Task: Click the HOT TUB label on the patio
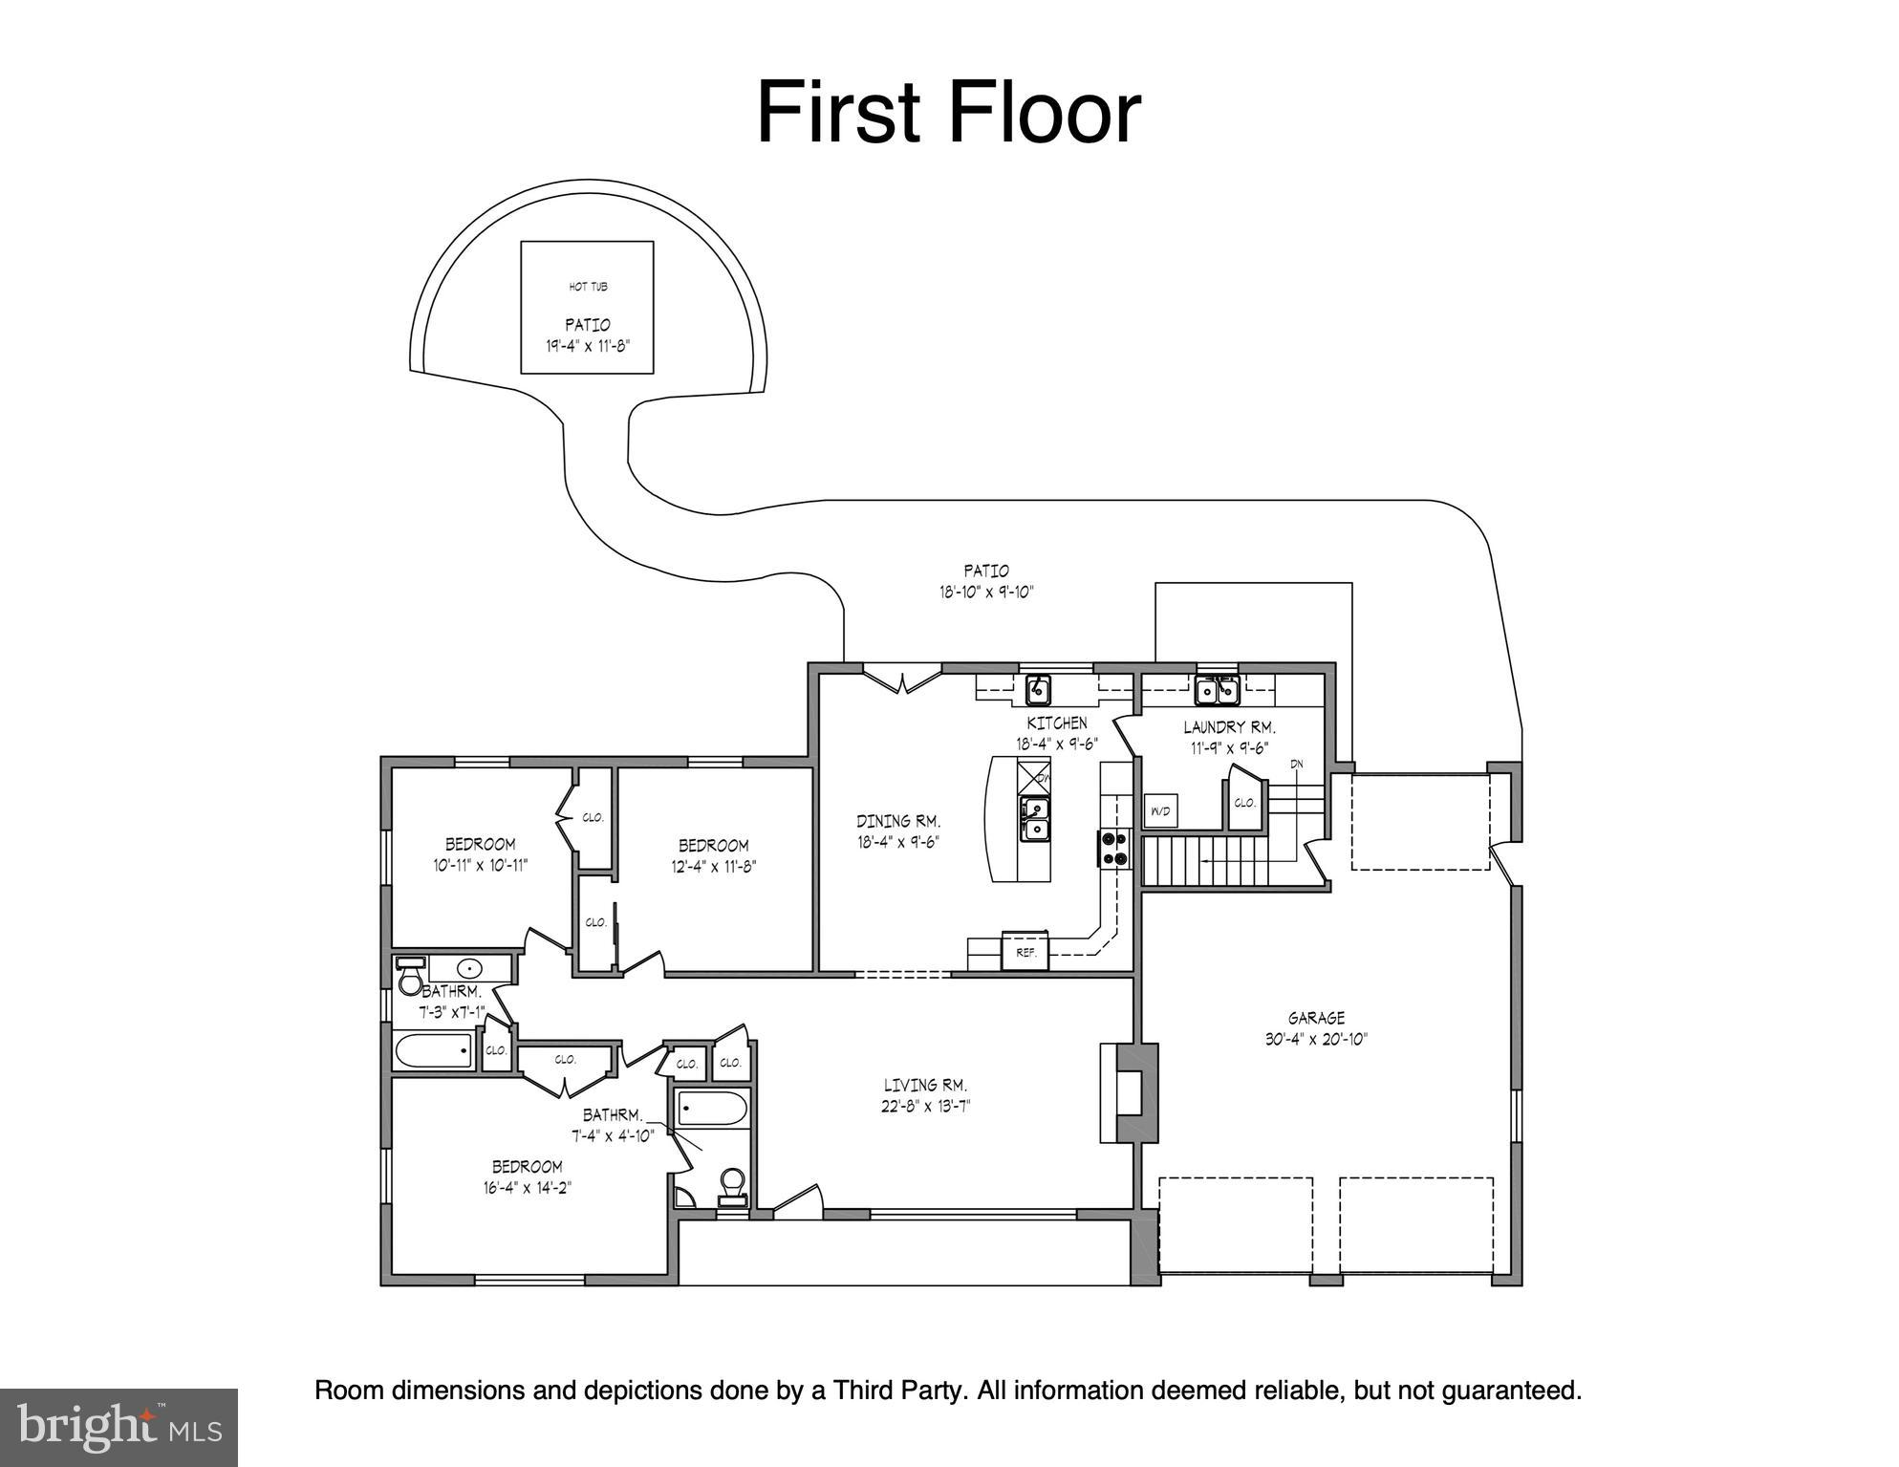click(588, 287)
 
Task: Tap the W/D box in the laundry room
click(1160, 811)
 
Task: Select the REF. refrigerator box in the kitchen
click(1025, 952)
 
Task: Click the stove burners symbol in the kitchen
click(1113, 849)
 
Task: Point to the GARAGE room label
click(1316, 1018)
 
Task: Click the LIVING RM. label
click(924, 1085)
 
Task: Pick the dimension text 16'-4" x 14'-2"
click(527, 1188)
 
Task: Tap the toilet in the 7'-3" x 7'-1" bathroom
click(410, 981)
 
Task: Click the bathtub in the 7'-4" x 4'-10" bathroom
click(712, 1110)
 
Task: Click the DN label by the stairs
click(1297, 764)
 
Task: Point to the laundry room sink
click(1216, 689)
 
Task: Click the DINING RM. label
click(897, 821)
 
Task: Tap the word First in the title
click(837, 114)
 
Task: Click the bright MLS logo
click(119, 1427)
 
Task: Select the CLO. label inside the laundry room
click(1243, 803)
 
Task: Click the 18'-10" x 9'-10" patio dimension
click(986, 593)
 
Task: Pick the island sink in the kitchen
click(1035, 819)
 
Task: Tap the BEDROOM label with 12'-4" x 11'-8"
click(713, 845)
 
